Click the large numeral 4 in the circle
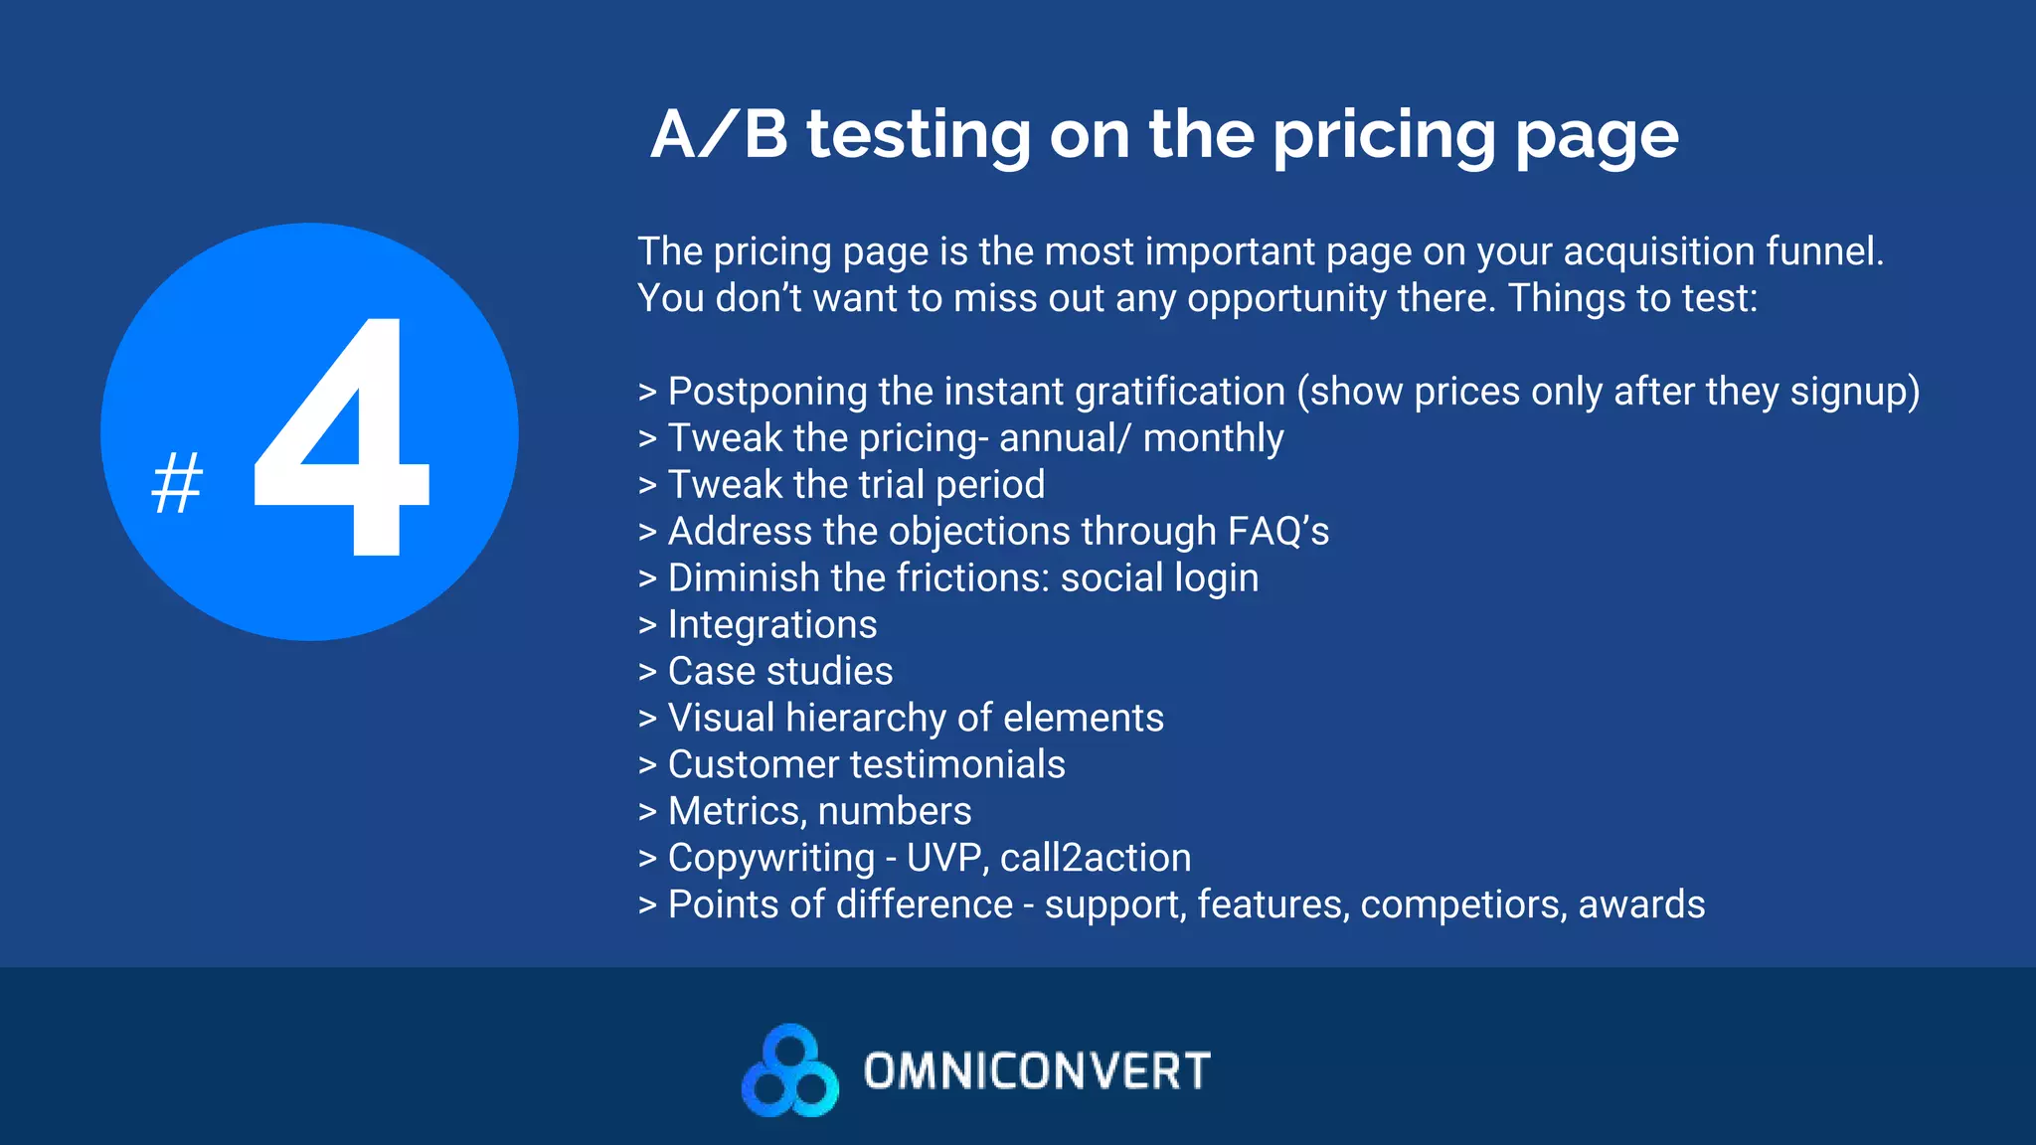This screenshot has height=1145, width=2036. click(x=343, y=437)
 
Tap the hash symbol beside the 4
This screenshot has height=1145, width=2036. click(x=177, y=482)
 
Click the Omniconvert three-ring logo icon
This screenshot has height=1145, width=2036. click(x=789, y=1070)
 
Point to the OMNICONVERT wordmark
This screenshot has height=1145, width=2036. click(x=1037, y=1071)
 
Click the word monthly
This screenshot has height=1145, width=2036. click(x=1213, y=438)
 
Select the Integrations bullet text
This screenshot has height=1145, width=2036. click(x=772, y=625)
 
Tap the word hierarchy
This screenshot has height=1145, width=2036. click(x=865, y=719)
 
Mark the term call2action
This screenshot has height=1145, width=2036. click(x=1095, y=859)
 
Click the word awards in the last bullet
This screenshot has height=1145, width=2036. click(x=1641, y=905)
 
